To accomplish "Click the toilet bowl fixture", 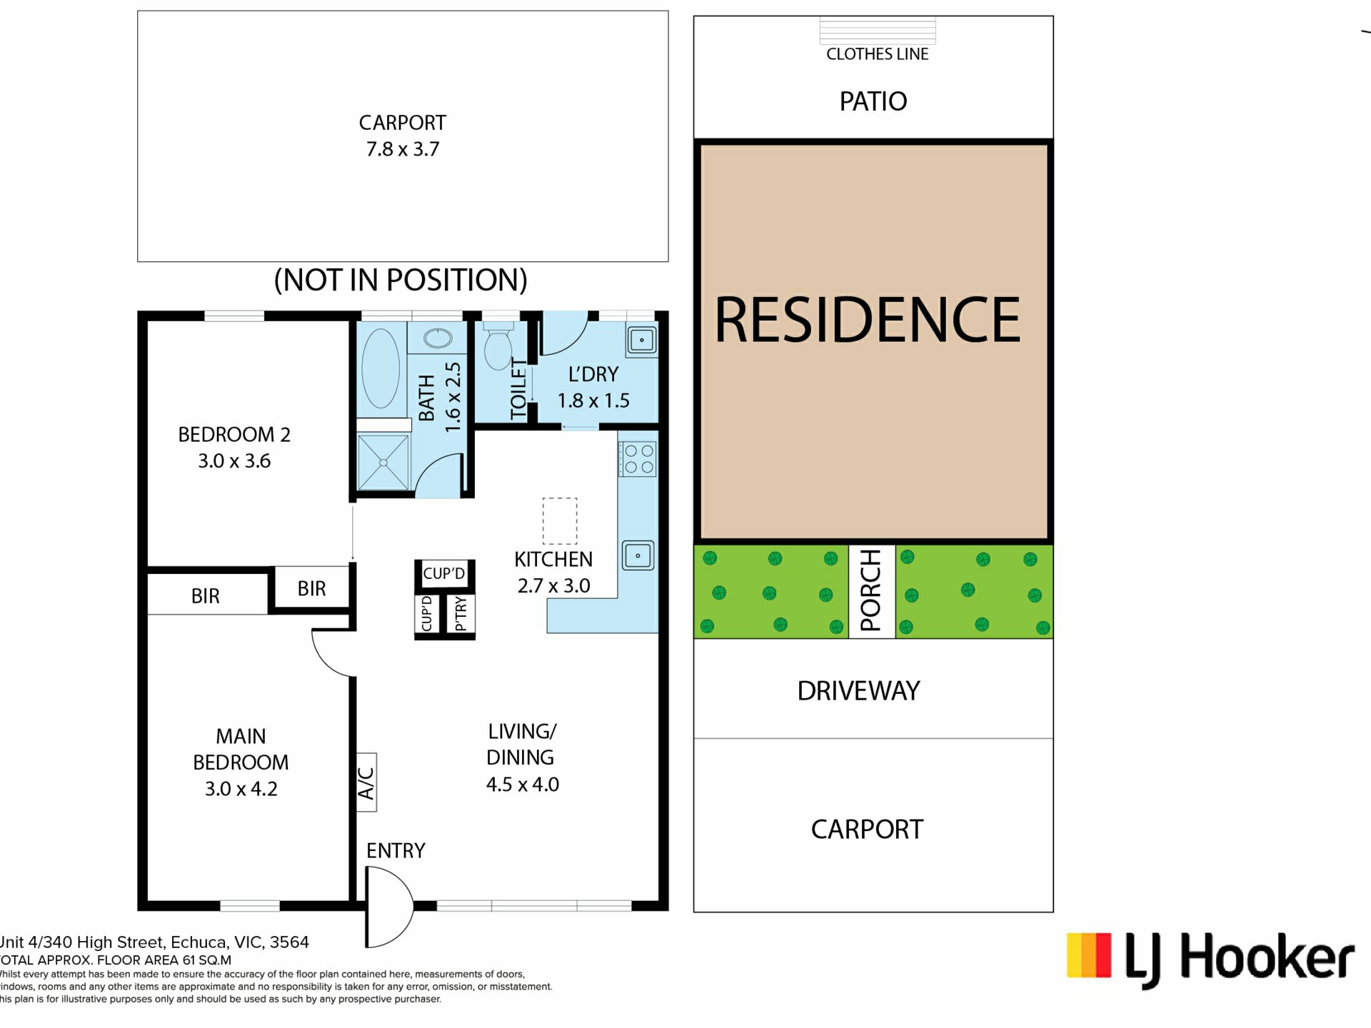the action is click(x=498, y=346).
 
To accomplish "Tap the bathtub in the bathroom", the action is click(x=381, y=368).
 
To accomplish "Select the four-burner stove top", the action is click(x=638, y=459).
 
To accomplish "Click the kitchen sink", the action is click(x=638, y=555).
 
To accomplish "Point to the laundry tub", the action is click(x=641, y=340).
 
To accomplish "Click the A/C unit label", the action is click(x=366, y=782).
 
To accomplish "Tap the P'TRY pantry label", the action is click(x=461, y=614).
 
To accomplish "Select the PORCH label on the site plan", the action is click(x=871, y=591).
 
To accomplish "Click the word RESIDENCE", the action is click(x=868, y=320).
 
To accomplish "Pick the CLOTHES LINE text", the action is click(x=877, y=54).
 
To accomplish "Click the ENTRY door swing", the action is click(x=389, y=907).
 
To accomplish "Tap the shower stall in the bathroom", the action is click(x=383, y=462).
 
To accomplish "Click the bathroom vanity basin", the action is click(x=438, y=338).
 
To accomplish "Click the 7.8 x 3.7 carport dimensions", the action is click(x=403, y=149).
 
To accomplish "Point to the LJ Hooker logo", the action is click(x=1210, y=958).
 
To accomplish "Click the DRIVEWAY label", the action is click(x=858, y=691).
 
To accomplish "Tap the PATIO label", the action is click(x=873, y=101).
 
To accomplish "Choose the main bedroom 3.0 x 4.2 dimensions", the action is click(x=241, y=789).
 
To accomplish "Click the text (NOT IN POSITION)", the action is click(x=401, y=280).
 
